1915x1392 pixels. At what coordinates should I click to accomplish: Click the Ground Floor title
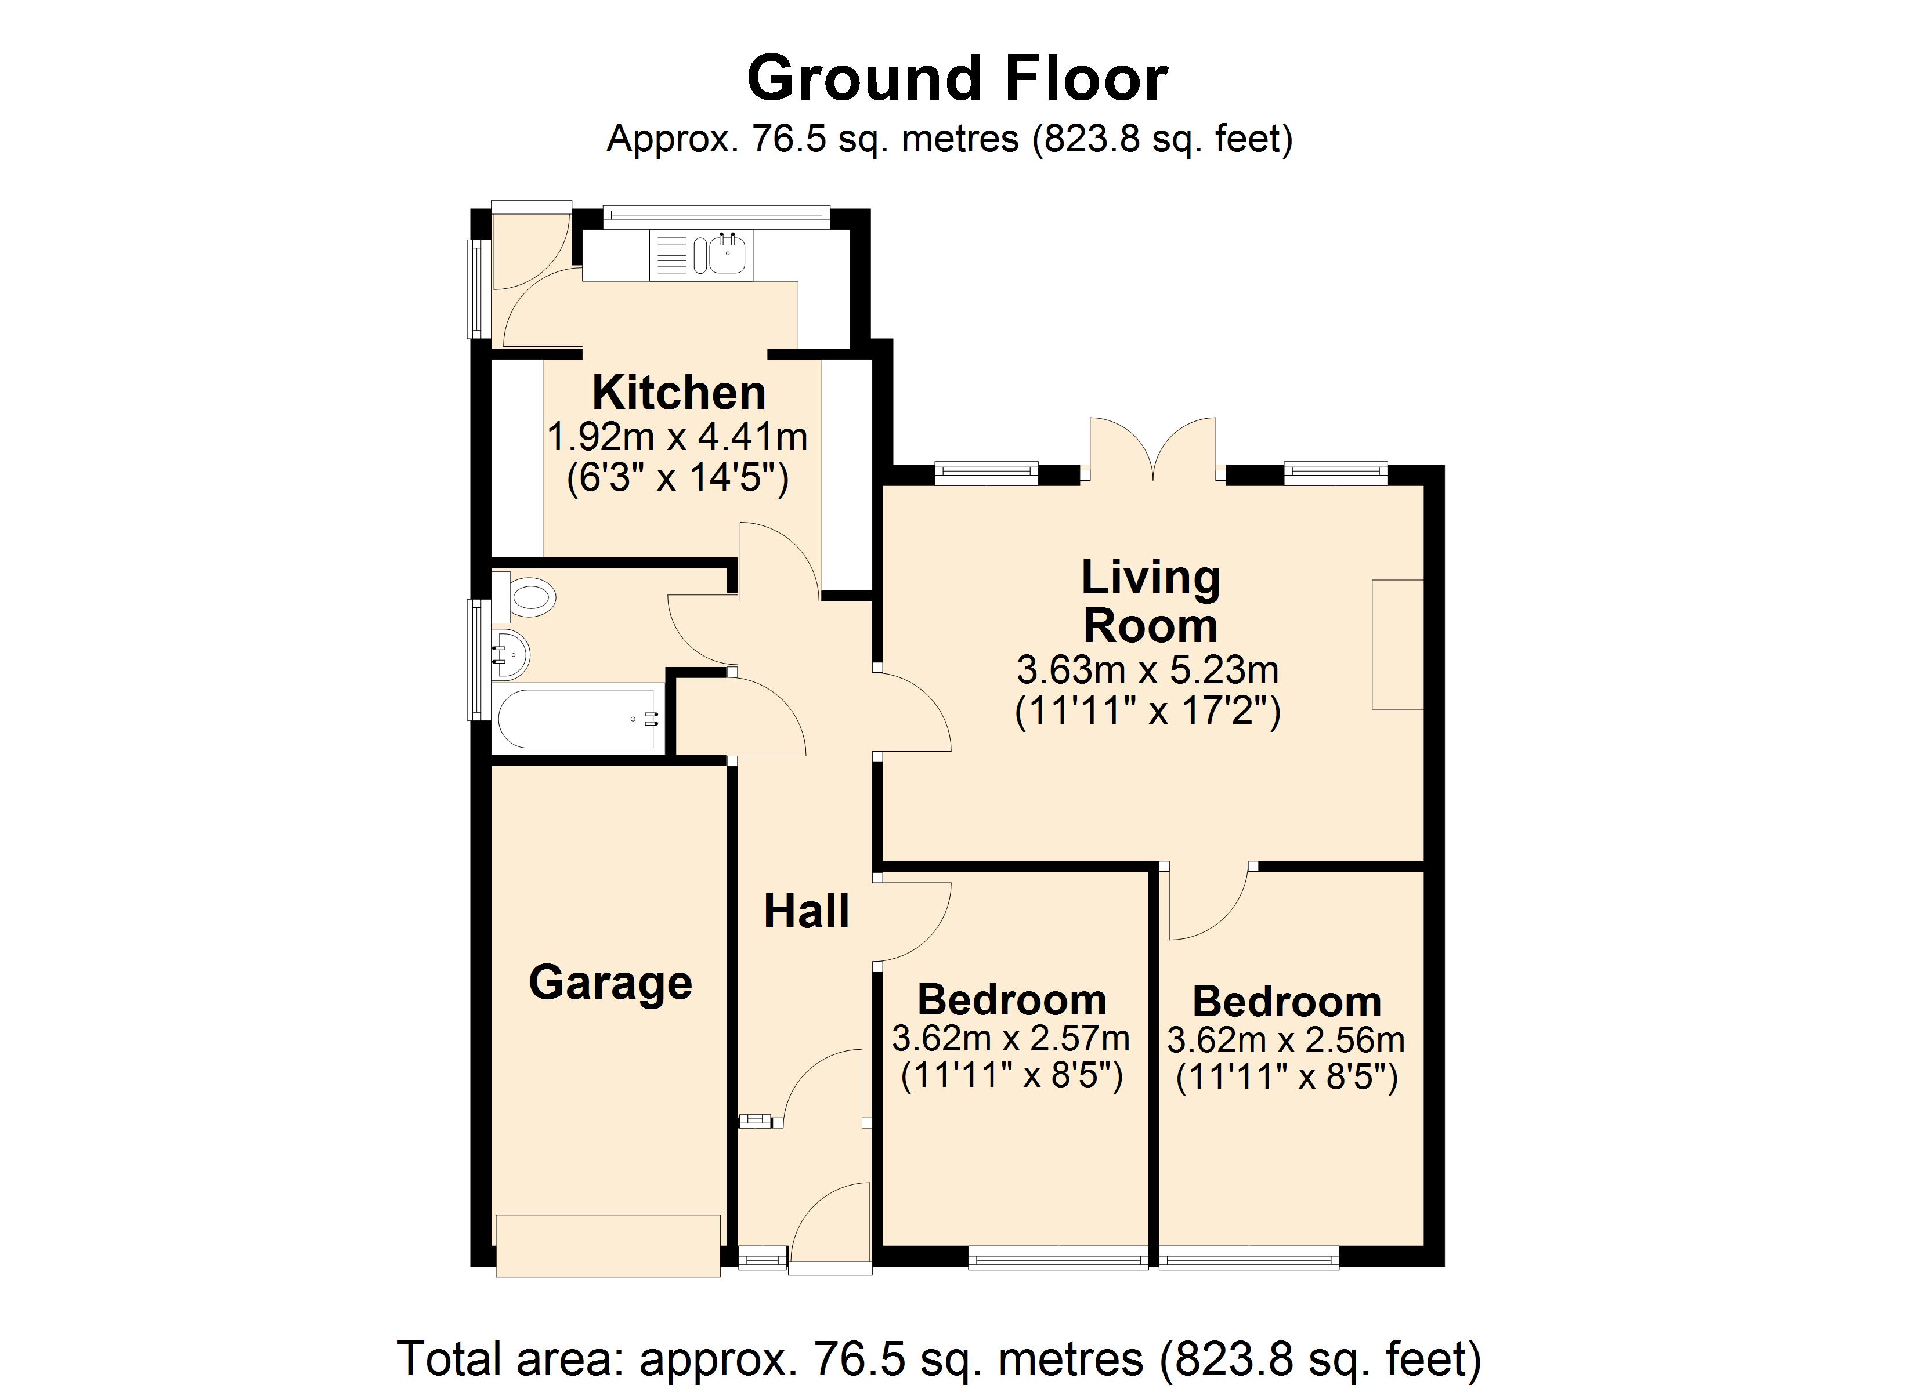(957, 78)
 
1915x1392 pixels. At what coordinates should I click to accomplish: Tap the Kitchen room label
(679, 393)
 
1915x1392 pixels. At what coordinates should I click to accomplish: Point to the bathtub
(579, 719)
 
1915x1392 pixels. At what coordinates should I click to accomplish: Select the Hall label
(807, 912)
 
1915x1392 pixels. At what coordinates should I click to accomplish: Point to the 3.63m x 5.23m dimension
(1147, 670)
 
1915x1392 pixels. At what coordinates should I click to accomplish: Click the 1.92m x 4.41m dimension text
(677, 437)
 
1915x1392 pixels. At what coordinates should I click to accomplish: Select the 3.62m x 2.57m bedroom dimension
(1011, 1038)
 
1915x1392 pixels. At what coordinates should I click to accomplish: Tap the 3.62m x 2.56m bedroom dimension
(1286, 1040)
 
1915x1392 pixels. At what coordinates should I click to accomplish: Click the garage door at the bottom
(608, 1245)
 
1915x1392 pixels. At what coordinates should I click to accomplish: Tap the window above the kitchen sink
(716, 217)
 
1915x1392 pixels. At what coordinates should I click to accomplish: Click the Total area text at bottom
(939, 1358)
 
